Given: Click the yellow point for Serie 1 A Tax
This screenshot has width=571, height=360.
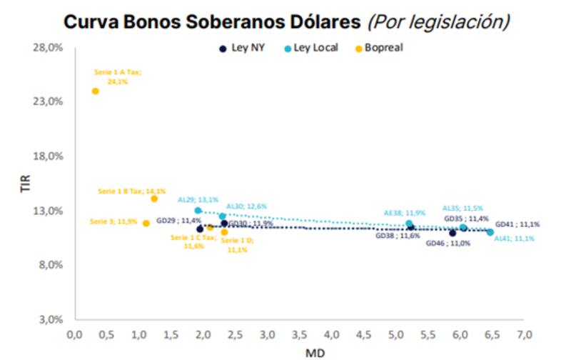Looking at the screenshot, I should point(95,91).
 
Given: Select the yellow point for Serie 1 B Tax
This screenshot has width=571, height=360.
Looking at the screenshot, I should point(154,199).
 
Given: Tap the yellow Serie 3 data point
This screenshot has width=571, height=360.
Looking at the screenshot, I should point(146,223).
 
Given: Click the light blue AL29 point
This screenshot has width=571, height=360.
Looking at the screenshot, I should point(198,211).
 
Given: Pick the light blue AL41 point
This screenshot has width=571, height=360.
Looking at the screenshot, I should point(490,232).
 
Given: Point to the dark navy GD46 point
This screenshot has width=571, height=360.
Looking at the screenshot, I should point(453,233).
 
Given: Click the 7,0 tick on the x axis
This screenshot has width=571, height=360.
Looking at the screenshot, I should point(524,334).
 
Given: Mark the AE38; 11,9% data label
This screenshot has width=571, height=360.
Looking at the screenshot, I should point(405,212).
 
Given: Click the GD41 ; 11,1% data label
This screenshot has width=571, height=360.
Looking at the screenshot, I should point(517,224).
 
